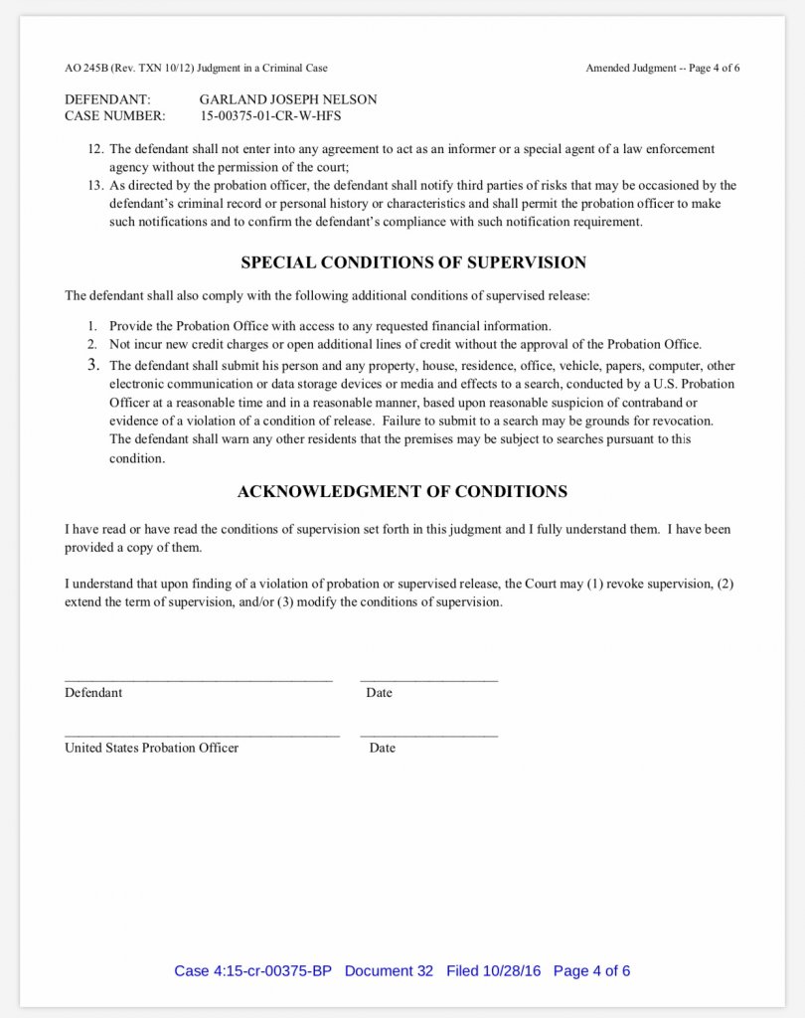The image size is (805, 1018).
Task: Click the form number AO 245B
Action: tap(83, 69)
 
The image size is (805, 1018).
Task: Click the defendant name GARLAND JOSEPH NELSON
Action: tap(288, 99)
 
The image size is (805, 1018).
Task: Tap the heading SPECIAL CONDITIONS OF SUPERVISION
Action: tap(413, 263)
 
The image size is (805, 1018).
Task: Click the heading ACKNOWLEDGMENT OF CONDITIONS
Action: tap(402, 491)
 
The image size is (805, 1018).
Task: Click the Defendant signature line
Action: tap(199, 680)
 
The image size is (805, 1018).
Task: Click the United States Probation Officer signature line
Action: tap(202, 736)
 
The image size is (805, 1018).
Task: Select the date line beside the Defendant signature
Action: tap(429, 680)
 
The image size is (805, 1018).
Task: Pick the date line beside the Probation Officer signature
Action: tap(429, 736)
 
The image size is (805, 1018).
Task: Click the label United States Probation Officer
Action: tap(151, 748)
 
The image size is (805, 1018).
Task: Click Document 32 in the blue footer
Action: tap(389, 970)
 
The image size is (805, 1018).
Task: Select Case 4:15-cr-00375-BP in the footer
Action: tap(252, 970)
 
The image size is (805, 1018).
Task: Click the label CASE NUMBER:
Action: tap(114, 116)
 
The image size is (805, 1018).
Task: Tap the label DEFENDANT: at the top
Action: tap(107, 99)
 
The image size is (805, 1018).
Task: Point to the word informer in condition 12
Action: tap(431, 149)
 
